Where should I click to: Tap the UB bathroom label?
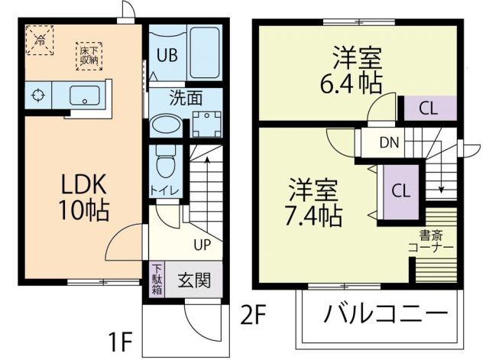click(x=167, y=55)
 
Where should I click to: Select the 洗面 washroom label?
click(x=186, y=97)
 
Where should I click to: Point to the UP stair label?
click(x=202, y=245)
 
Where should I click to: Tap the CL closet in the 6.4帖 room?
click(x=428, y=108)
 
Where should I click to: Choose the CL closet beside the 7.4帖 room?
click(x=399, y=190)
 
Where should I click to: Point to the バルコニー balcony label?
click(x=384, y=314)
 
